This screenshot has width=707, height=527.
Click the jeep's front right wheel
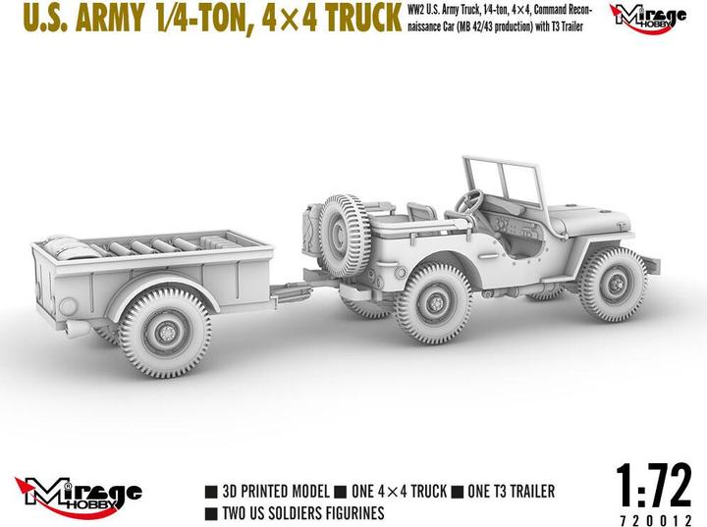point(611,284)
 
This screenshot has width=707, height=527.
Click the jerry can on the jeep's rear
point(310,228)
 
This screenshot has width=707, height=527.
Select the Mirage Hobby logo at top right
point(649,16)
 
